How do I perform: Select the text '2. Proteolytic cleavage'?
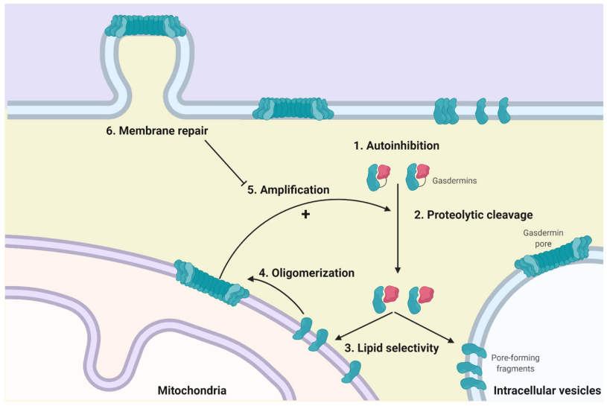click(x=473, y=215)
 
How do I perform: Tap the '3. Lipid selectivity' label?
click(x=393, y=346)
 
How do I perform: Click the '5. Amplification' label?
click(x=288, y=190)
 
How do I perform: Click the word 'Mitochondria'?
click(x=192, y=390)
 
